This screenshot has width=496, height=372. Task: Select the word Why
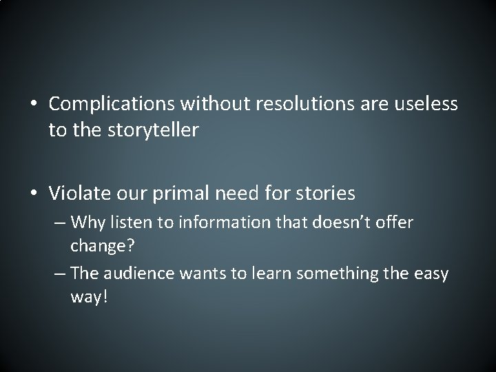pyautogui.click(x=104, y=222)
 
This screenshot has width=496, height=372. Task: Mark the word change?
pyautogui.click(x=98, y=246)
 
